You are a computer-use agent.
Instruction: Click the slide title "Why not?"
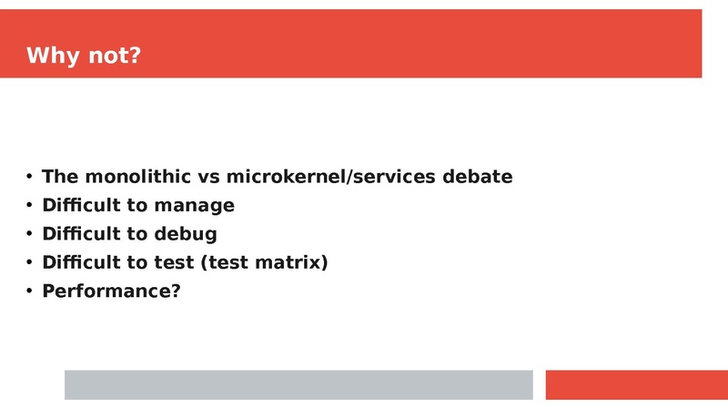[x=84, y=56]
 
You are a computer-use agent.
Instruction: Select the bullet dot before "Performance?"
[x=30, y=291]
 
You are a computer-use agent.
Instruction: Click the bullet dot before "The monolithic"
[x=30, y=176]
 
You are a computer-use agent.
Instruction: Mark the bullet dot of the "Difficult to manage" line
[x=30, y=205]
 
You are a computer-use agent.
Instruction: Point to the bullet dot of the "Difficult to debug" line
[x=30, y=234]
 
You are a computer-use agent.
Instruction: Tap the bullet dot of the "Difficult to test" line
[x=30, y=262]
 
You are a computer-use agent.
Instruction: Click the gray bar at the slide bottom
[x=298, y=384]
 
